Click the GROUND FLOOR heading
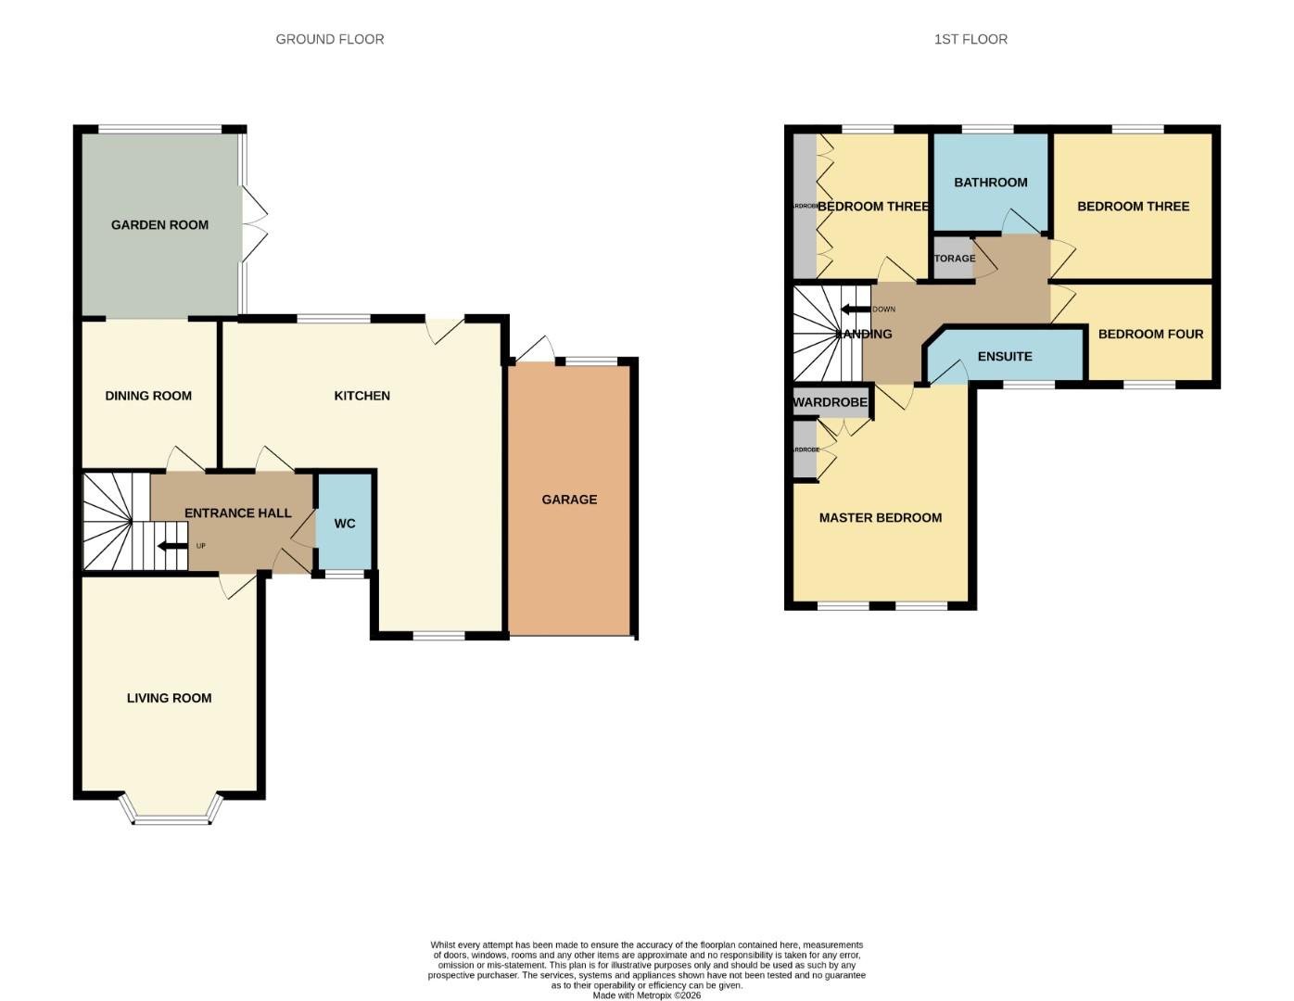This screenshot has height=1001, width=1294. tap(329, 39)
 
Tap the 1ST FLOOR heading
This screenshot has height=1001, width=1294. tap(970, 39)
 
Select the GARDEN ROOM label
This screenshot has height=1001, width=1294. tap(159, 224)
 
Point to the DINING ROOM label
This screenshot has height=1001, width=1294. tap(148, 396)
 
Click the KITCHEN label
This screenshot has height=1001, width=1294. tap(362, 396)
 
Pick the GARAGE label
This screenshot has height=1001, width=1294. tap(569, 500)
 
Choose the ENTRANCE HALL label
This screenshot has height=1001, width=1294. tap(237, 513)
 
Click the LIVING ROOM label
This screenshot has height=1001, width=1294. tap(169, 698)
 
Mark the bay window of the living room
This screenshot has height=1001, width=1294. tap(171, 817)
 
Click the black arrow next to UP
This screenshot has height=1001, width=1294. tap(172, 546)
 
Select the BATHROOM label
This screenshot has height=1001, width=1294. tap(990, 183)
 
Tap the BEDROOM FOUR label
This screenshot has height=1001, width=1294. tap(1150, 334)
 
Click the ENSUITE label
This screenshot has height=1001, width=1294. tap(1005, 356)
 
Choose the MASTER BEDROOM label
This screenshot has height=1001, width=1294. tap(880, 517)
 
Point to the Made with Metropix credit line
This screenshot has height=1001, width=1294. tap(647, 995)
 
